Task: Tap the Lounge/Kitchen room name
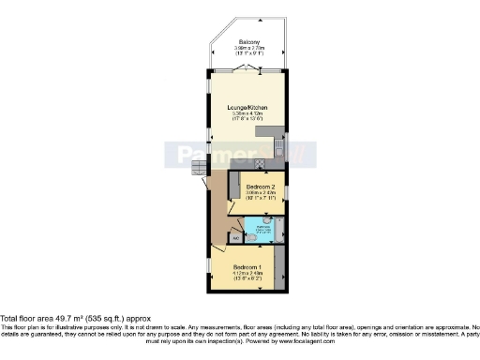click(248, 108)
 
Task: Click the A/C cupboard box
click(235, 238)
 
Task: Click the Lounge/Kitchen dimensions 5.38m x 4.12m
click(248, 116)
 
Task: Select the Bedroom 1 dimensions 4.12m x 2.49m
click(248, 275)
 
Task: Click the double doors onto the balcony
click(248, 71)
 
